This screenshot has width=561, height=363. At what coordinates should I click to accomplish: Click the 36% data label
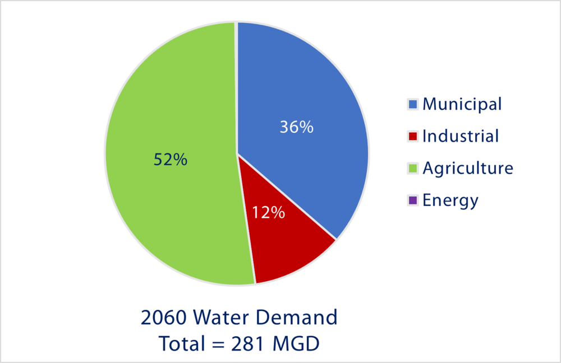296,127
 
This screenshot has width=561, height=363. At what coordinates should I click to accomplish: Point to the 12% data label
268,213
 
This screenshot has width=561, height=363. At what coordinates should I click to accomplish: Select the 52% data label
170,160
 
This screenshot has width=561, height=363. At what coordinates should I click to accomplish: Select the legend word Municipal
462,104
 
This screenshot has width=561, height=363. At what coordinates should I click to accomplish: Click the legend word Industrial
461,136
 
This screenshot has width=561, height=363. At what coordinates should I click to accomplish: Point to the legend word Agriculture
468,169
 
